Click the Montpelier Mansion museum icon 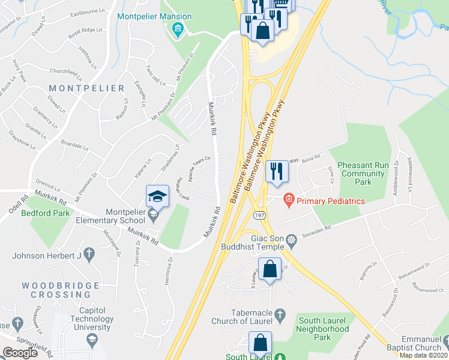click(177, 30)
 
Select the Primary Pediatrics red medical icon click(288, 200)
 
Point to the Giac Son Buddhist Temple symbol click(292, 241)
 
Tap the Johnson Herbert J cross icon click(89, 254)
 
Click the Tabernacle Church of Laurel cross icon click(279, 314)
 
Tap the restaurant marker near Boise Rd click(277, 171)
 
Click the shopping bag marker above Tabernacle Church click(270, 270)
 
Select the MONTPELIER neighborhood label click(86, 88)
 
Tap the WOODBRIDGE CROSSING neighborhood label click(56, 290)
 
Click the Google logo click(20, 353)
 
